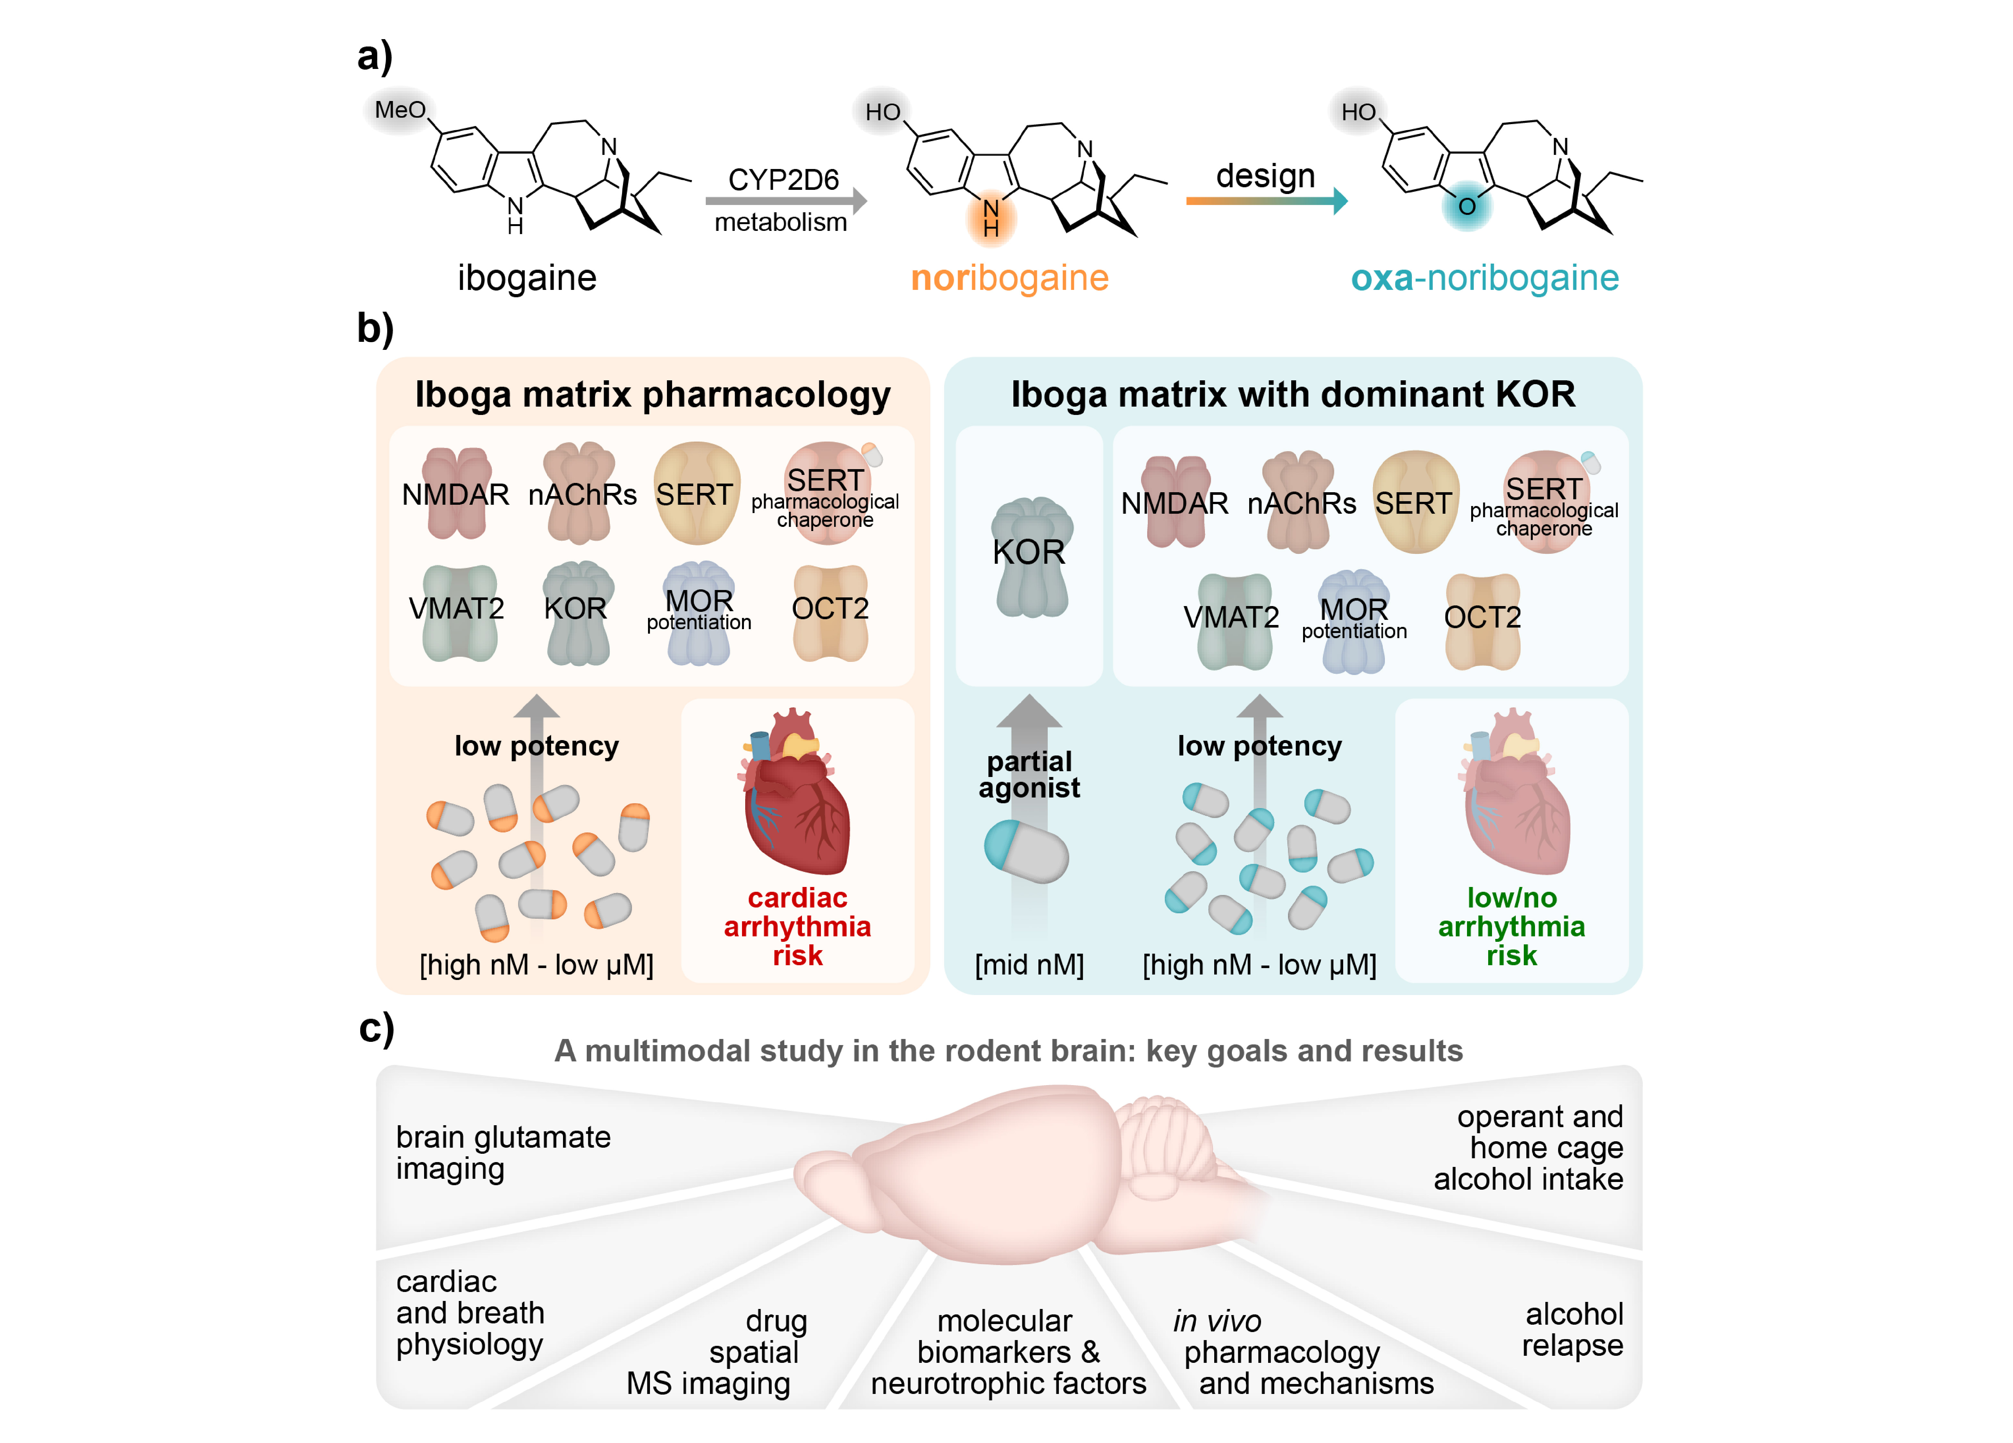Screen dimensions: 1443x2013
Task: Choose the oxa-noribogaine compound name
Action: click(x=1484, y=278)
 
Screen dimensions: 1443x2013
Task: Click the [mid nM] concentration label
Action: click(x=1029, y=965)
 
